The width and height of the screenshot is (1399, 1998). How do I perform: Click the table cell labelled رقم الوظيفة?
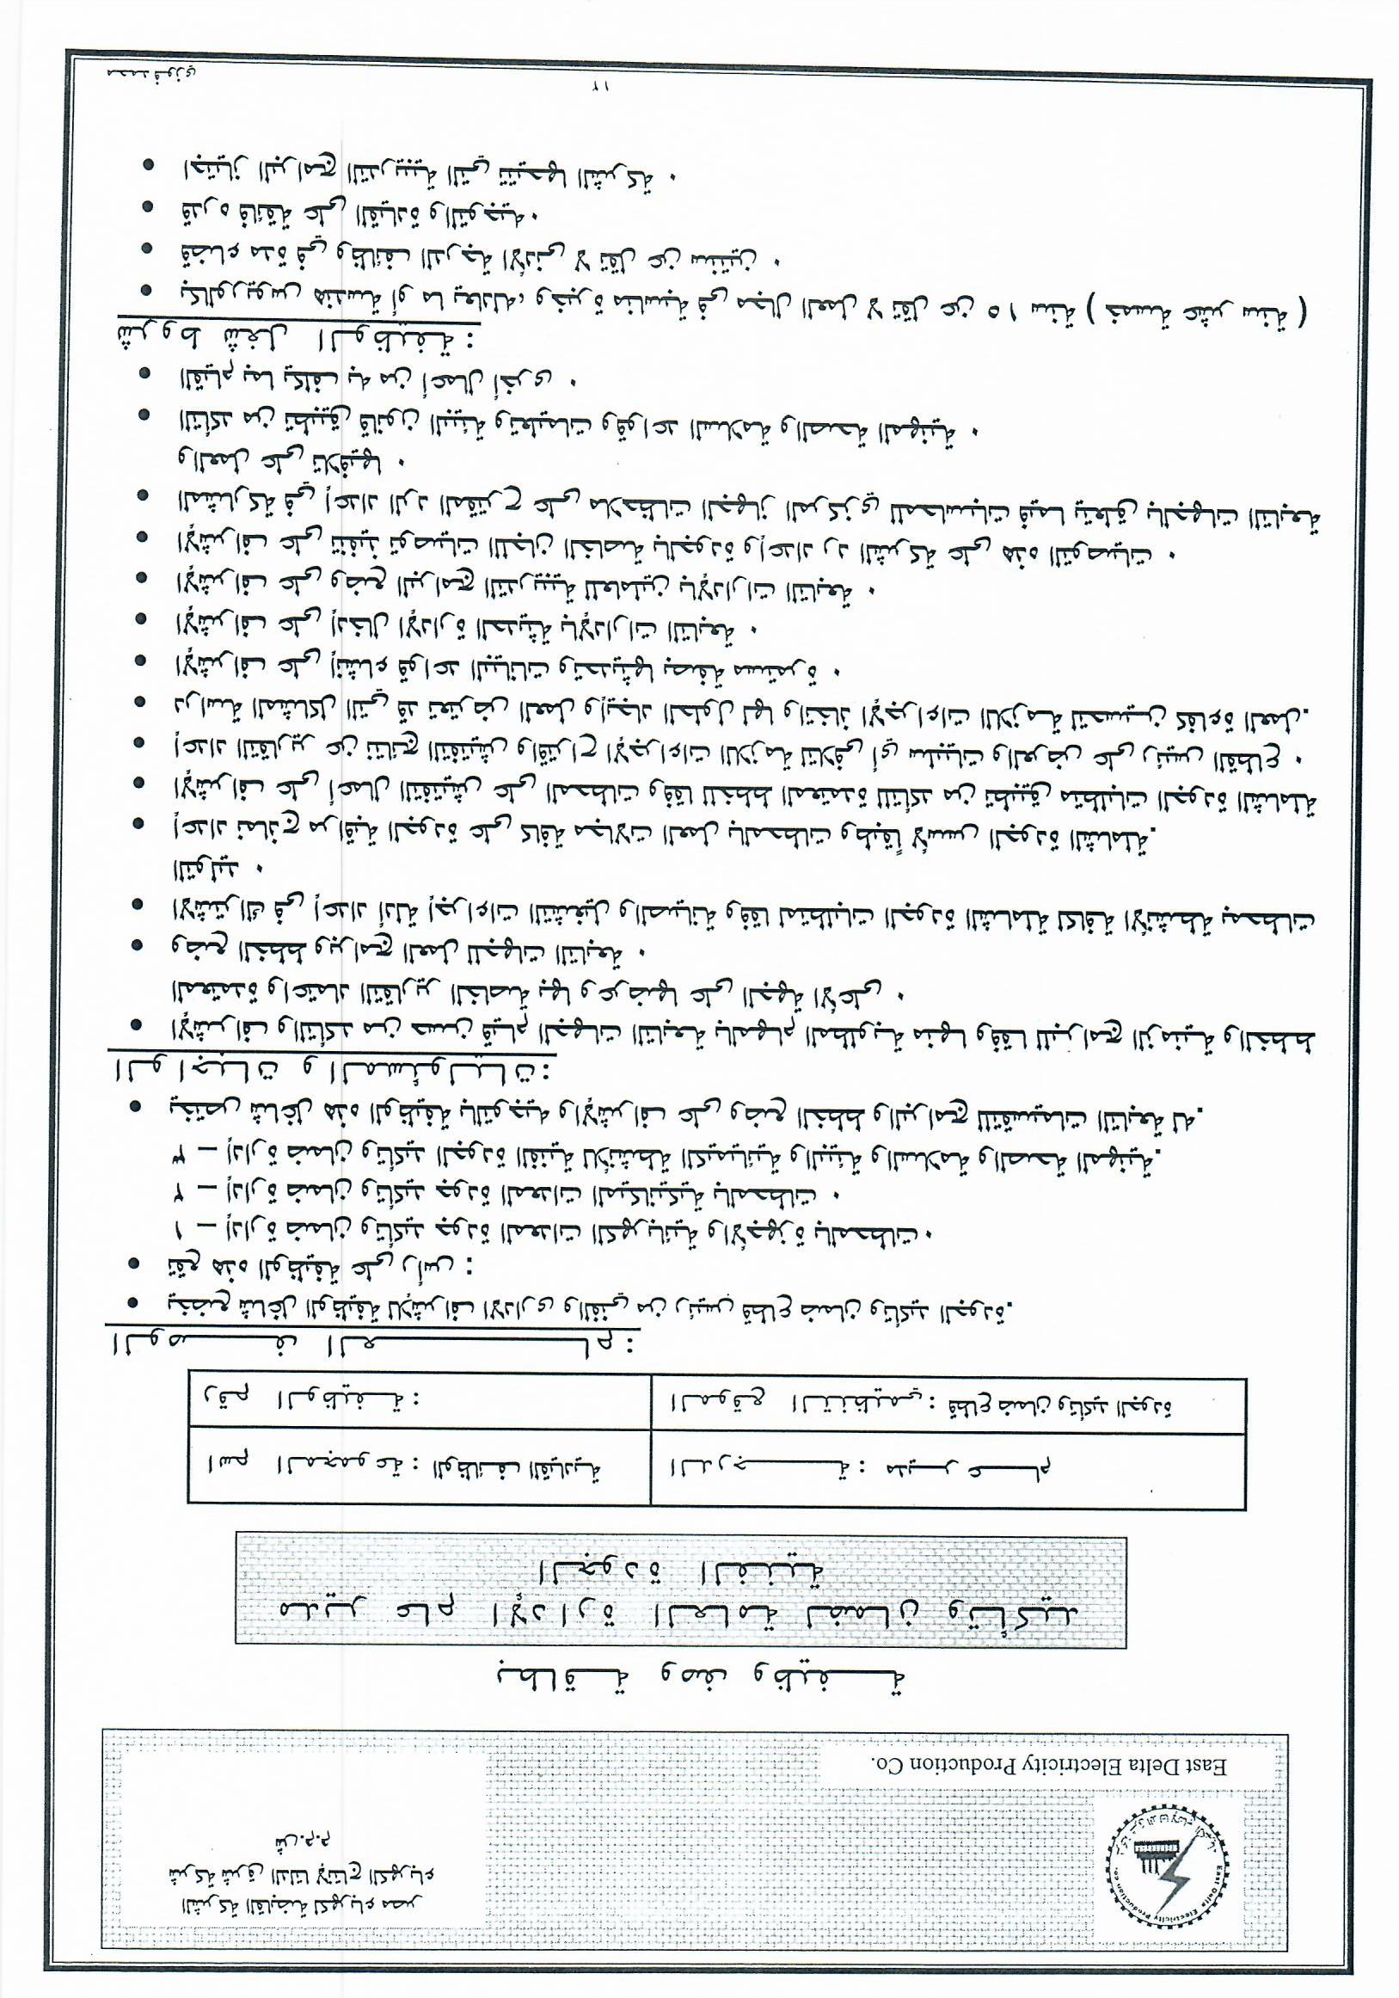[x=304, y=1403]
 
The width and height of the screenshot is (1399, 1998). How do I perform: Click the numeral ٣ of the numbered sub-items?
[x=179, y=1157]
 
